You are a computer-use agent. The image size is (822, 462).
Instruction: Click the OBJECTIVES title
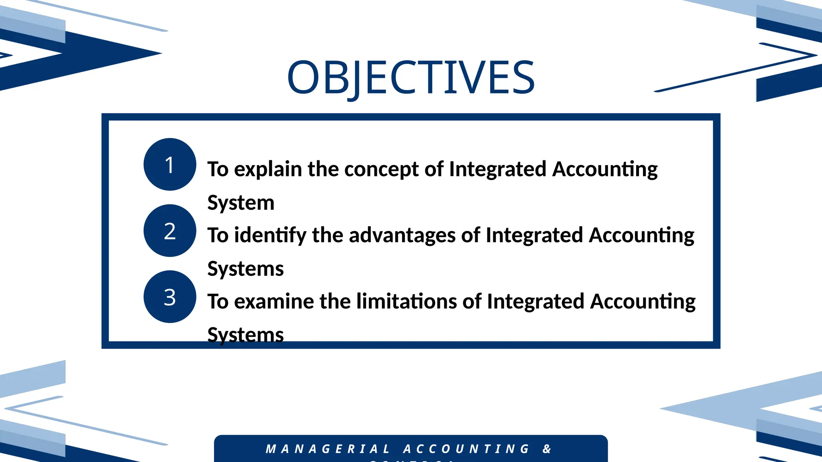click(x=411, y=77)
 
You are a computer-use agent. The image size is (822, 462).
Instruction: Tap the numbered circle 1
click(x=170, y=164)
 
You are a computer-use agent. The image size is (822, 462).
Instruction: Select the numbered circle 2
click(x=170, y=231)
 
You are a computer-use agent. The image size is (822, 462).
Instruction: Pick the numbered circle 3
click(x=170, y=297)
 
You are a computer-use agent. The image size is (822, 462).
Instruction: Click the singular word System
click(x=241, y=203)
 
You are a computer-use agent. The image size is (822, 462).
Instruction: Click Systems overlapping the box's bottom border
click(x=245, y=335)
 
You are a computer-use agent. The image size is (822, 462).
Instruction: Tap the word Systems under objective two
click(x=245, y=269)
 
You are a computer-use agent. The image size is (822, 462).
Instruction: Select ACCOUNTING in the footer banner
click(x=467, y=449)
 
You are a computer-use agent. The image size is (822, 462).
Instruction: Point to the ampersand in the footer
click(x=547, y=449)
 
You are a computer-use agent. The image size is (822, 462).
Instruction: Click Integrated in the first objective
click(x=498, y=169)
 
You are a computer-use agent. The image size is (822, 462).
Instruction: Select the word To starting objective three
click(x=218, y=302)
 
